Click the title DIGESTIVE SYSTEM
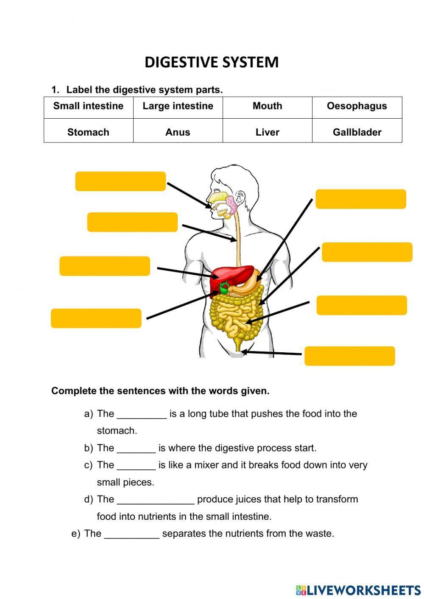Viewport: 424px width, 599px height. (x=212, y=62)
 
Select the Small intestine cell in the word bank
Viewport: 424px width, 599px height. (x=88, y=106)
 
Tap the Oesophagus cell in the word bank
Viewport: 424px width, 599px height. (x=357, y=106)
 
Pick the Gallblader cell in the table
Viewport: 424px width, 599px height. (x=357, y=132)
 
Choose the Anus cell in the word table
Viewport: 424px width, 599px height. (x=178, y=132)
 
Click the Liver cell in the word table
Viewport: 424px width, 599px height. (x=267, y=132)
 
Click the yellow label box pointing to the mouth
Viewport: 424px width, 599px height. (x=120, y=181)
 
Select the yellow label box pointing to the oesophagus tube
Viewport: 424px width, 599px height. (x=132, y=222)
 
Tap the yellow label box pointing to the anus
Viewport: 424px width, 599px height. (x=349, y=356)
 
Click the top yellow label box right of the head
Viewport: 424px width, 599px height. (x=361, y=199)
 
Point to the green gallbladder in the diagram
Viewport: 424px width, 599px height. (x=223, y=289)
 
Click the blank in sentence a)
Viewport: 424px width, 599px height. (x=142, y=414)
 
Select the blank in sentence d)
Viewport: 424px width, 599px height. (x=155, y=500)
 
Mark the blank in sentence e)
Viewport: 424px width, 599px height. (x=131, y=534)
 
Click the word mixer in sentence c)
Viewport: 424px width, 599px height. (x=206, y=465)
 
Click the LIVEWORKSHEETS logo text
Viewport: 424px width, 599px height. (x=363, y=590)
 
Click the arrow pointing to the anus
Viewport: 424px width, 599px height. (x=271, y=353)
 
